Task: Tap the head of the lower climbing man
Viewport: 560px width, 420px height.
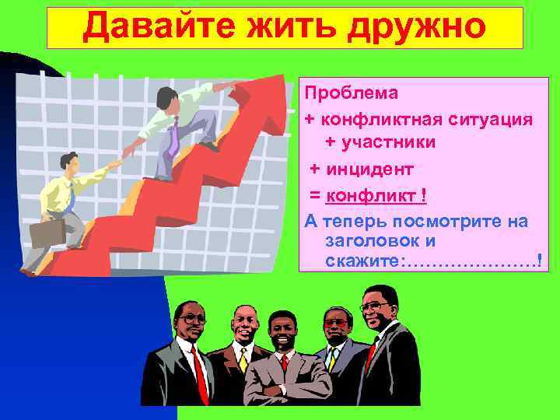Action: click(x=68, y=163)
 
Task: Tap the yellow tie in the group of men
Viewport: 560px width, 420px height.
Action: click(x=243, y=359)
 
